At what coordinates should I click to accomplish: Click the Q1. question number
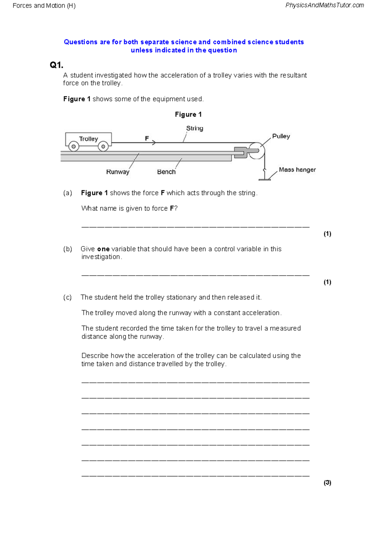click(57, 65)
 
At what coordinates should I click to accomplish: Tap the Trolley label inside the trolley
click(88, 139)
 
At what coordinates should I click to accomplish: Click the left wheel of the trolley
click(74, 146)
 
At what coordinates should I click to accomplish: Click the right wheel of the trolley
click(103, 146)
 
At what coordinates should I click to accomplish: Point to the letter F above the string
click(147, 138)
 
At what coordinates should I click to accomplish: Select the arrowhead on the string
click(154, 143)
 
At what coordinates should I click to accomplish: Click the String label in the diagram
click(194, 128)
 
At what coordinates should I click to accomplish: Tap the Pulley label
click(281, 136)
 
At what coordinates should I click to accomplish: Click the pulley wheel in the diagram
click(257, 150)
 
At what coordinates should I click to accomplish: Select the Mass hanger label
click(297, 170)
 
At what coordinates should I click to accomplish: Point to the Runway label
click(117, 172)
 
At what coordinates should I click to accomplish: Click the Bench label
click(166, 172)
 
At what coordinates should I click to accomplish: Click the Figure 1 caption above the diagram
click(188, 114)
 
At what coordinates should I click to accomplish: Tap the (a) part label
click(68, 193)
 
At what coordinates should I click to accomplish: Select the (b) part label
click(68, 249)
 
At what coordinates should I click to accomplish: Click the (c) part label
click(68, 297)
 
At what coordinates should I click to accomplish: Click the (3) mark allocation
click(327, 483)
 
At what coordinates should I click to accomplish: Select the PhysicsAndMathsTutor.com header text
click(325, 5)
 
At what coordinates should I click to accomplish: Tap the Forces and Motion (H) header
click(44, 6)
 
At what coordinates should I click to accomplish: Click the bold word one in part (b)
click(103, 249)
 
